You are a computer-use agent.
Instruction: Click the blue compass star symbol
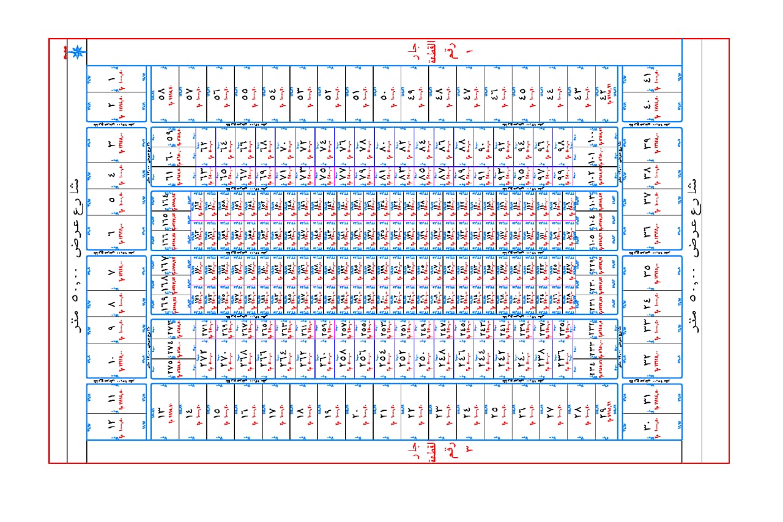tap(77, 52)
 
